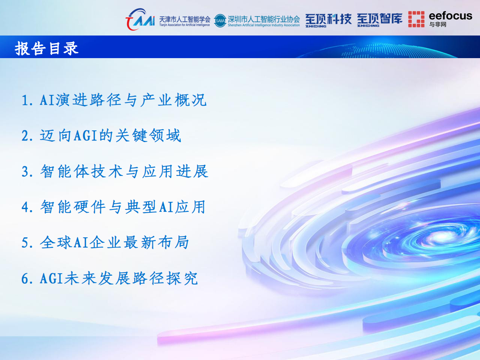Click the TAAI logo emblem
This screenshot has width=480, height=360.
140,19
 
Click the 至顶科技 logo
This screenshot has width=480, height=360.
328,19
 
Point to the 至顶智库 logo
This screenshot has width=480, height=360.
380,19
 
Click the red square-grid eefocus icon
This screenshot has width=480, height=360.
416,19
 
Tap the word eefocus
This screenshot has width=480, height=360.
450,16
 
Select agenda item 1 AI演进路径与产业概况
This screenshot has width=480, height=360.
114,100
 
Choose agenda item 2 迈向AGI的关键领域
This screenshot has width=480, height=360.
102,136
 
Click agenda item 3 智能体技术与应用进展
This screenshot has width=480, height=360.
115,172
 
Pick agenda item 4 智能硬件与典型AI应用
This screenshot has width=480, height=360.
114,207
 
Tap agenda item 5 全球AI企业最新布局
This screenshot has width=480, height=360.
105,243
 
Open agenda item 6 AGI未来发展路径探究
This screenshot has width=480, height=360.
110,278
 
